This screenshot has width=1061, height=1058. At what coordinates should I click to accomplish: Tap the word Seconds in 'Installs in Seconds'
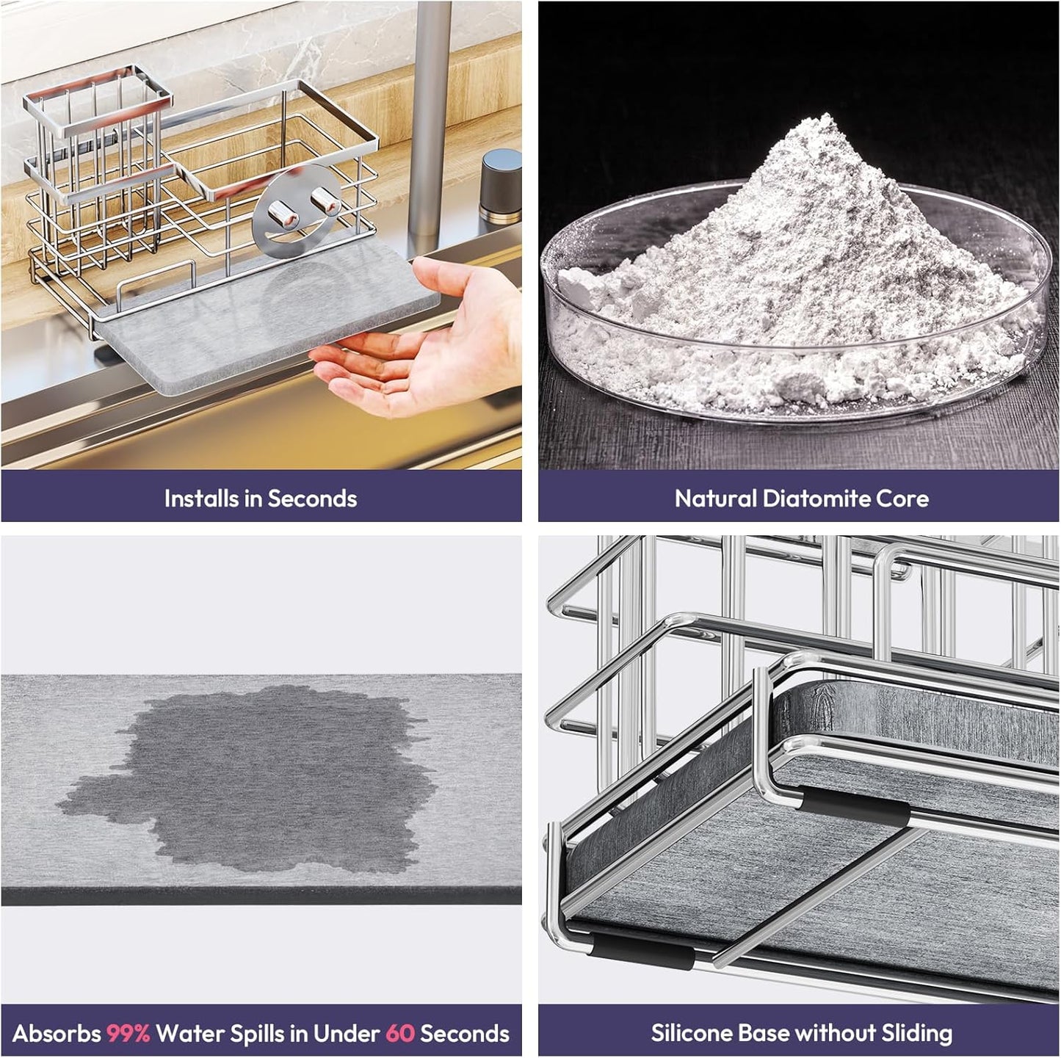point(312,499)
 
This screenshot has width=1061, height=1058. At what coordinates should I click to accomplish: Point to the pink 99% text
point(128,1033)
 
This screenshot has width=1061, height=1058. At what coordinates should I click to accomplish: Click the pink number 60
point(399,1033)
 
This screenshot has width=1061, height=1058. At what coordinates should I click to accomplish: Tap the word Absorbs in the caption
point(56,1033)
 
